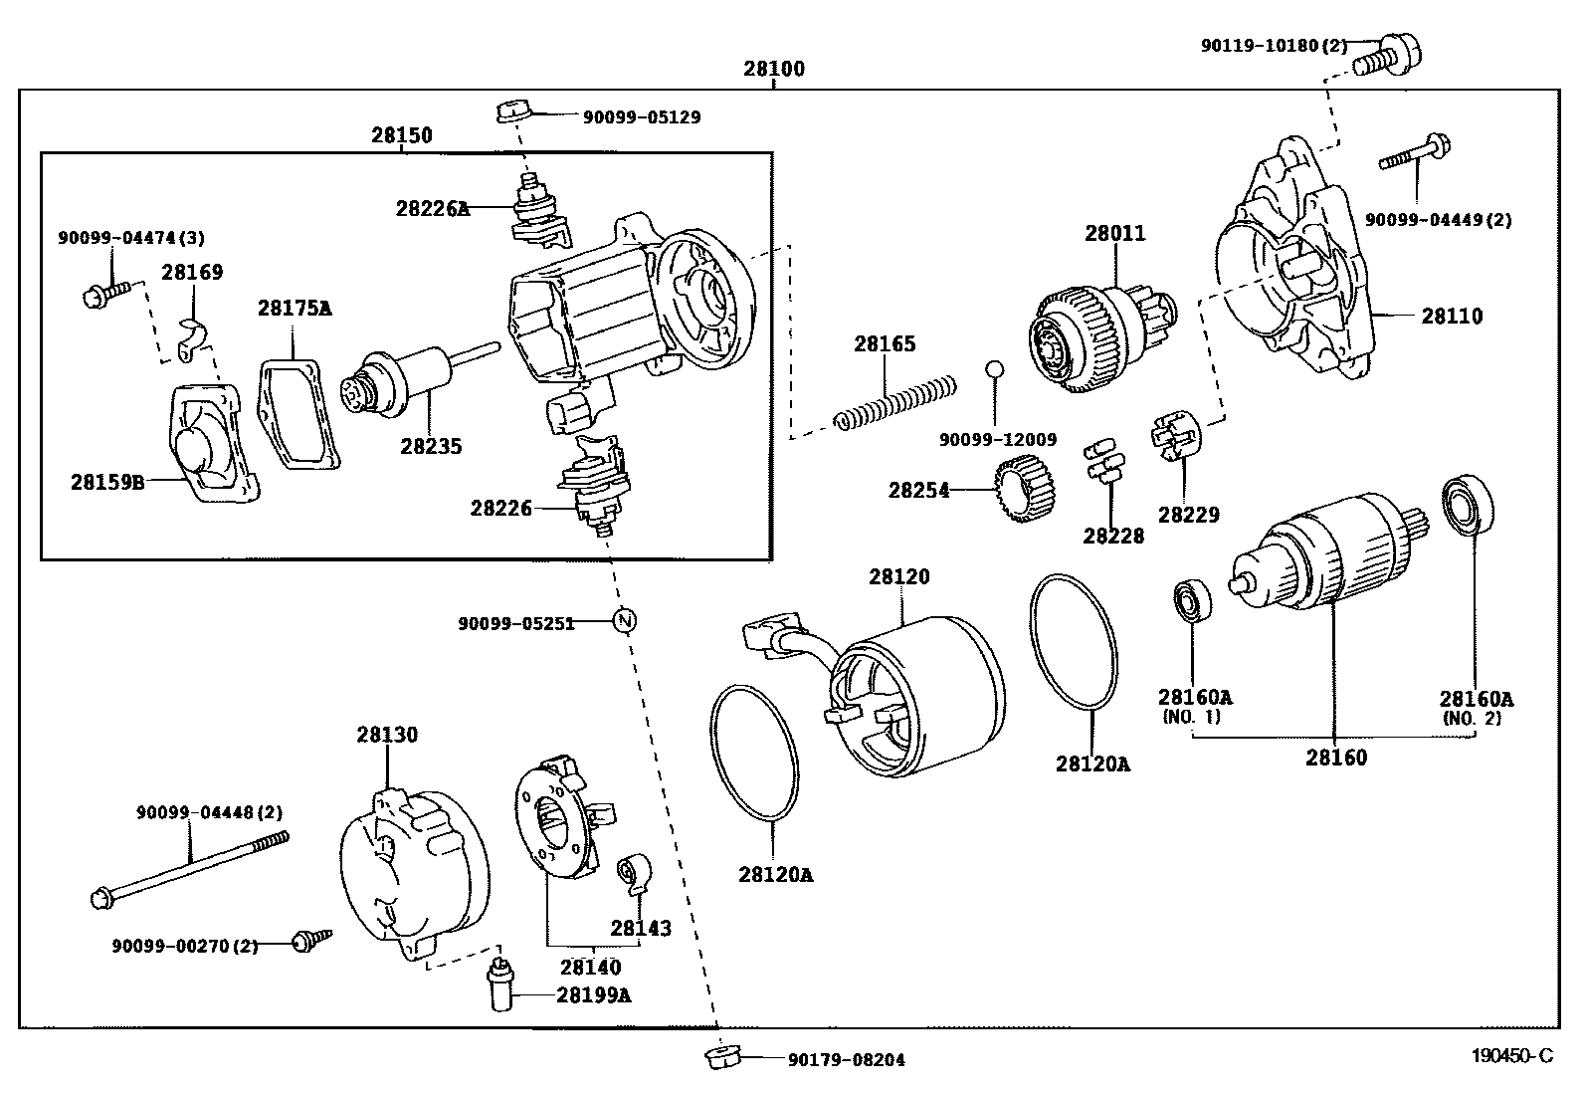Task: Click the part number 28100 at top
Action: (773, 69)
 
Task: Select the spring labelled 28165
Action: (895, 401)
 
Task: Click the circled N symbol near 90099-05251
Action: (624, 621)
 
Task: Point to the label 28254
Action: (918, 491)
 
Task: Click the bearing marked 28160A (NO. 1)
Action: (1190, 600)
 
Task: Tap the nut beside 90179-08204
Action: (718, 1058)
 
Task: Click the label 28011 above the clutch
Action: (1114, 234)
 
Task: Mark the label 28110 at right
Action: (1451, 317)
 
